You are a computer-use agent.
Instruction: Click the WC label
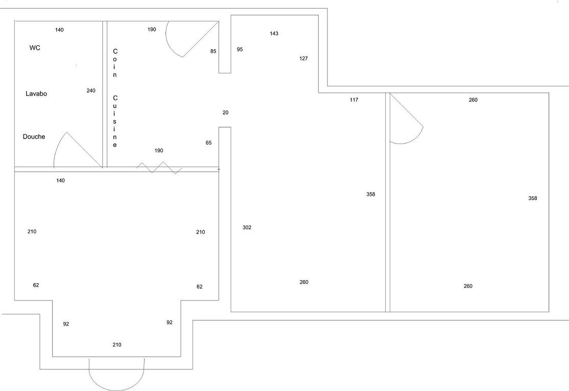coord(35,48)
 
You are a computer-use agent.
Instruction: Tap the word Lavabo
coord(36,94)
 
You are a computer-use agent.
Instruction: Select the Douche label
coord(34,137)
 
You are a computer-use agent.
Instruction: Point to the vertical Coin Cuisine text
coord(115,98)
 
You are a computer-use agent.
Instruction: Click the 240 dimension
coord(91,91)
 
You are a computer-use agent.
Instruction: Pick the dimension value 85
coord(214,51)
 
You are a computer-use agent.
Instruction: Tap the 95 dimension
coord(240,50)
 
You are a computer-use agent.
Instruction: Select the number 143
coord(274,34)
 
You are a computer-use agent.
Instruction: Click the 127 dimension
coord(304,59)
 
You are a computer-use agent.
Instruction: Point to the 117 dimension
coord(354,100)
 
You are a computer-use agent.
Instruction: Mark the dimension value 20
coord(226,112)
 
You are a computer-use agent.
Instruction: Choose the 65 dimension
coord(208,143)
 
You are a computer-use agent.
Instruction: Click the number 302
coord(247,228)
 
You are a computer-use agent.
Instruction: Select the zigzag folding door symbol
coord(159,168)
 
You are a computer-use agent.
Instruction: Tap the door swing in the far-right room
coord(407,123)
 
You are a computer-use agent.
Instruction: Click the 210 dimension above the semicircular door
coord(117,345)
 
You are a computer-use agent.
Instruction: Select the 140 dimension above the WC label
coord(59,30)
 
